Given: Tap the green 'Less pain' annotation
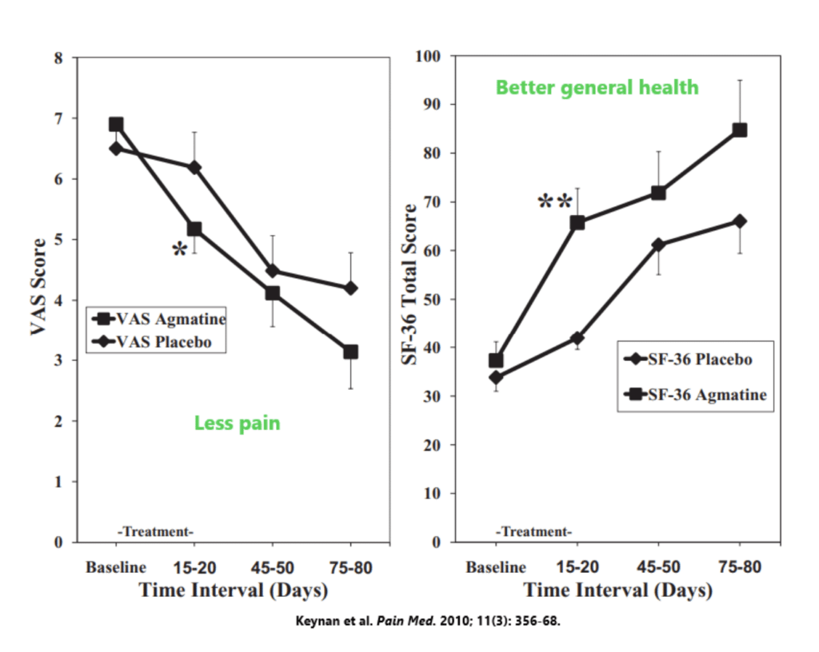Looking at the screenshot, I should (237, 423).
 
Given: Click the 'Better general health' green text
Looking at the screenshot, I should (597, 87).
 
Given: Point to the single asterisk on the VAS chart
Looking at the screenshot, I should (179, 250).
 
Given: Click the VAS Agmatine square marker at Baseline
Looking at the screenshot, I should (116, 125).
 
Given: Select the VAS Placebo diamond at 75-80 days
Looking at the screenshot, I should (350, 288).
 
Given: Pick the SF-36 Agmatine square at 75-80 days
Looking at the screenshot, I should (740, 130).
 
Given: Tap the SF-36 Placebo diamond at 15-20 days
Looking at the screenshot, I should (577, 339).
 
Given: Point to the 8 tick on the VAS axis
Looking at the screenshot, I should (58, 58).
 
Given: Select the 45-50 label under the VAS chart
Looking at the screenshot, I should (273, 567).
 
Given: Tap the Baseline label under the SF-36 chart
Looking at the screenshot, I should (496, 567).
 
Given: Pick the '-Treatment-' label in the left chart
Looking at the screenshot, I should (156, 531).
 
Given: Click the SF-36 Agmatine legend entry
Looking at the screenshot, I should (696, 394).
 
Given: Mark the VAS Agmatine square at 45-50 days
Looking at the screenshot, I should (273, 293).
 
